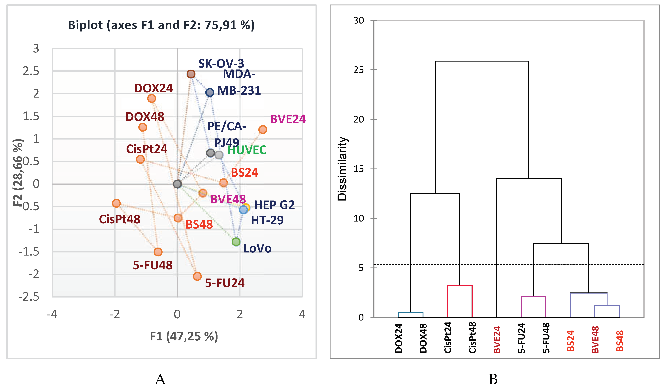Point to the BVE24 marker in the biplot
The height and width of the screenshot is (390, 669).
tap(263, 130)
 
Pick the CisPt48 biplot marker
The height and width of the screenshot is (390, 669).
tap(116, 203)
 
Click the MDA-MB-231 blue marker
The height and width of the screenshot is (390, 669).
tap(210, 92)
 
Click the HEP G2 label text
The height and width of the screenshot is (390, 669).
tap(274, 205)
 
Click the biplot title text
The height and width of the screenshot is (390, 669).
tap(161, 25)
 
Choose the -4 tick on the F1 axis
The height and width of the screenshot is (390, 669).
tap(52, 315)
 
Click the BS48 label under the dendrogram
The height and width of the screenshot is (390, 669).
tap(620, 341)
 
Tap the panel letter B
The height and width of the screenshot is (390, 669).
tap(493, 379)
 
